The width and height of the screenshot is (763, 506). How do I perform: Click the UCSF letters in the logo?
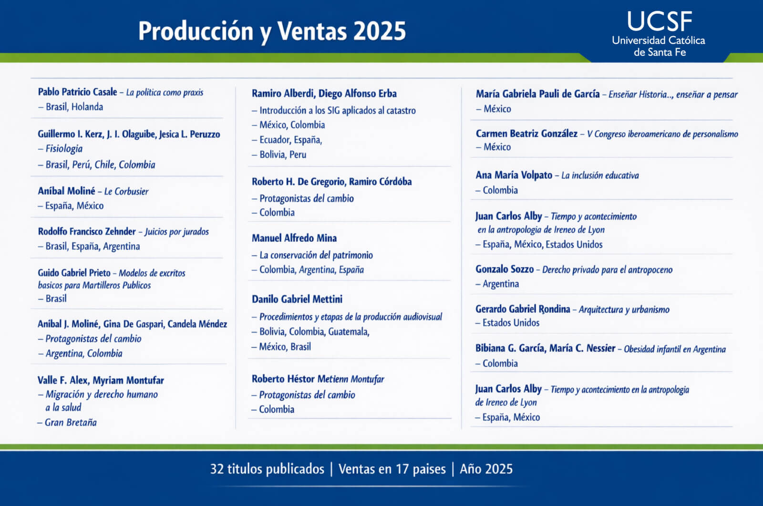pyautogui.click(x=660, y=21)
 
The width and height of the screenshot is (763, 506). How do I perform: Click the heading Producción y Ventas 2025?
pyautogui.click(x=272, y=31)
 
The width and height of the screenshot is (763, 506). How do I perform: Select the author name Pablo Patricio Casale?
pyautogui.click(x=77, y=92)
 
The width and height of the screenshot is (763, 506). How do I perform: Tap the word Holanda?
pyautogui.click(x=87, y=107)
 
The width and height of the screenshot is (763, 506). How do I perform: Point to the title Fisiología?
pyautogui.click(x=64, y=149)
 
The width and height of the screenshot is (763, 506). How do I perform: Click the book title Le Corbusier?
pyautogui.click(x=126, y=192)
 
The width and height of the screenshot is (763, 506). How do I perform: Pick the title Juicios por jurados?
pyautogui.click(x=177, y=232)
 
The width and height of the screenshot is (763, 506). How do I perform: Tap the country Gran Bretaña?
pyautogui.click(x=71, y=423)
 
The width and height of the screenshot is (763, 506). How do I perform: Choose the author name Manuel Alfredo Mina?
pyautogui.click(x=294, y=238)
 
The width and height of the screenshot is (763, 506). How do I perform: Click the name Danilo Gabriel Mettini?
pyautogui.click(x=297, y=299)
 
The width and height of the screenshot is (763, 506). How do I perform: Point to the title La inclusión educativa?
pyautogui.click(x=600, y=176)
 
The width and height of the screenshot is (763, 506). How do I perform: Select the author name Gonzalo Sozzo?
pyautogui.click(x=505, y=269)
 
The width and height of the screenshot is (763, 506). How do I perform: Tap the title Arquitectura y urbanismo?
pyautogui.click(x=624, y=310)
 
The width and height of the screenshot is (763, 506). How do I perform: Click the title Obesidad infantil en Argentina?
pyautogui.click(x=675, y=349)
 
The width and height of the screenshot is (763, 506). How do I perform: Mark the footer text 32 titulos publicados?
pyautogui.click(x=267, y=469)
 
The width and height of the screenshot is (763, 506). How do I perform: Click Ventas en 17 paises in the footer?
pyautogui.click(x=392, y=469)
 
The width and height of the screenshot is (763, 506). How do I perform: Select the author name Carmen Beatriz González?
pyautogui.click(x=526, y=134)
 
